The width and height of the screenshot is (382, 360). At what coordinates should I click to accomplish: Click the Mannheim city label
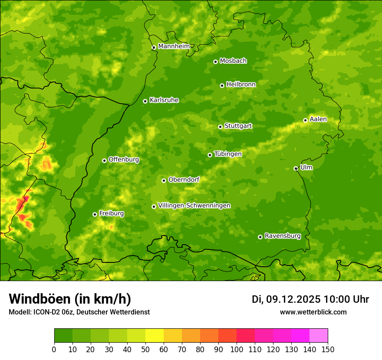[174, 46]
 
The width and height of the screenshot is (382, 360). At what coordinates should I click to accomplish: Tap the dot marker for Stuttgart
[220, 127]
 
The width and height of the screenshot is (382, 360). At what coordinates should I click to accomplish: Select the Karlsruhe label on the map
[164, 100]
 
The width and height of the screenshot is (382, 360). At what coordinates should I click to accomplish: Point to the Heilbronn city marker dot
[222, 85]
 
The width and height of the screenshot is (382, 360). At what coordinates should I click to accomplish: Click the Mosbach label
[233, 61]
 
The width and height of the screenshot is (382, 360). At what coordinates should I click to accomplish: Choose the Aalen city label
[318, 119]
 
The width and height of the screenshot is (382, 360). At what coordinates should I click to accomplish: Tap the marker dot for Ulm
[296, 168]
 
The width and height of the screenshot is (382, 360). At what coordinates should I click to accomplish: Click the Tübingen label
[228, 154]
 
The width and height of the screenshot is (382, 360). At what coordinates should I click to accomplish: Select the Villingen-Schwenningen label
[194, 206]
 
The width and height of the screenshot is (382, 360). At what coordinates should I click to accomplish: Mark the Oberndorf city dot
[164, 180]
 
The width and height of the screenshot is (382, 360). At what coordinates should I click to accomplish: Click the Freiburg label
[112, 213]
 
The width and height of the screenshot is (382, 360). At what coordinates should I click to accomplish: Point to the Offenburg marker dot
[104, 160]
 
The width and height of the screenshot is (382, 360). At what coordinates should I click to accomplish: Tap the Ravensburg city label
[283, 236]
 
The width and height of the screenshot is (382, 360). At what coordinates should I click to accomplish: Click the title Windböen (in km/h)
[69, 299]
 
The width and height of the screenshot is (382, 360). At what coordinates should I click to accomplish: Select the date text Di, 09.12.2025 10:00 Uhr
[310, 299]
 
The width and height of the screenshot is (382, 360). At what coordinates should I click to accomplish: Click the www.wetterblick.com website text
[313, 312]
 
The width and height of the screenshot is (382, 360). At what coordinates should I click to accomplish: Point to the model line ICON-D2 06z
[79, 312]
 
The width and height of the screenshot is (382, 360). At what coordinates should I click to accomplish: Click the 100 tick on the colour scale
[237, 349]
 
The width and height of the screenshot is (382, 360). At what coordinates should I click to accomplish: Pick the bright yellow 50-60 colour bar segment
[155, 335]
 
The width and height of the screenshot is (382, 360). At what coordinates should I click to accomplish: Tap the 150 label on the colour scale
[328, 349]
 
